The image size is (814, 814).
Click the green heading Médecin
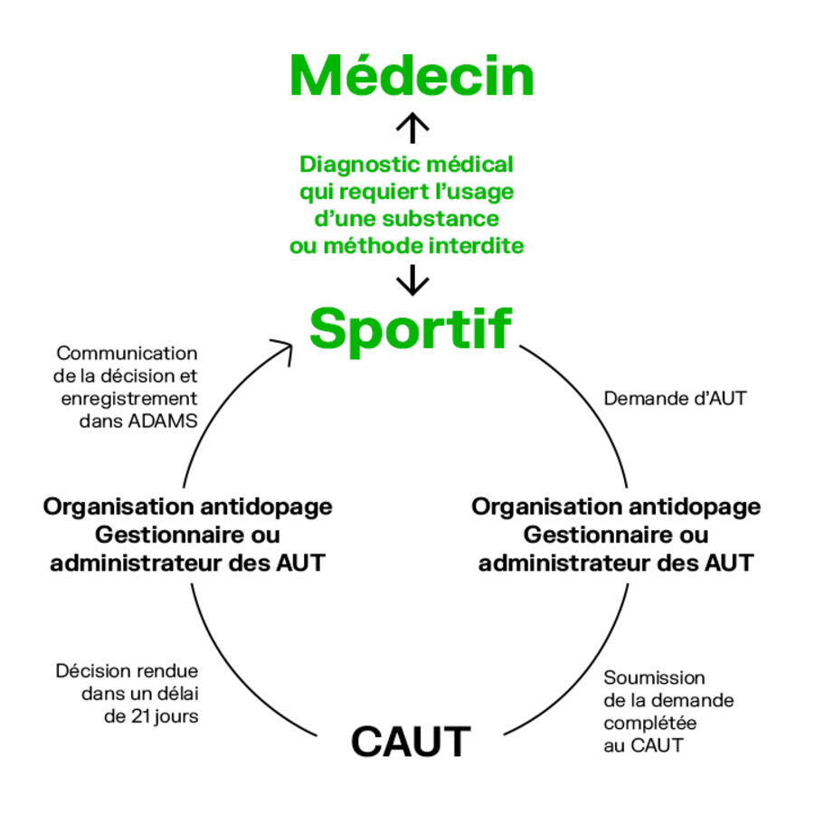click(x=412, y=76)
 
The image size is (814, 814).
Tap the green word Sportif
click(x=411, y=329)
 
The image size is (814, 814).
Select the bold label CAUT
click(x=411, y=742)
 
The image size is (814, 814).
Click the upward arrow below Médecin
click(x=412, y=128)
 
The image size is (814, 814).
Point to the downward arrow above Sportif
click(x=412, y=279)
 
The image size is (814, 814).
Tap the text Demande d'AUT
click(x=675, y=398)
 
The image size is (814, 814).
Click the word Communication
click(x=127, y=353)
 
